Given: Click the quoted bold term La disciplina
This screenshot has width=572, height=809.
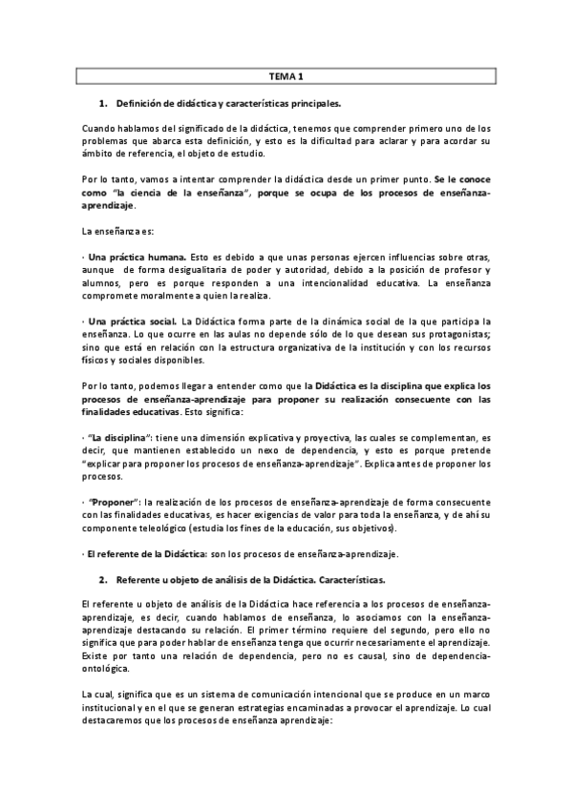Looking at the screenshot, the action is click(118, 433).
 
